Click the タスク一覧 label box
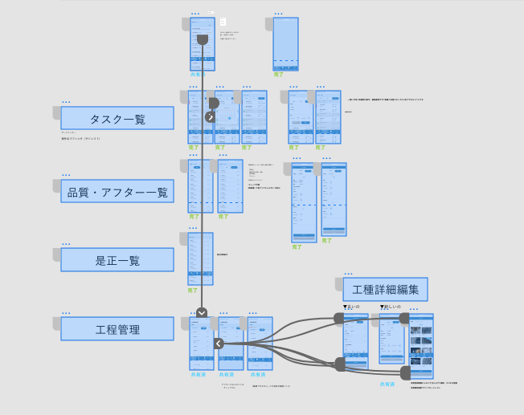(117, 118)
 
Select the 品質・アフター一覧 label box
(117, 191)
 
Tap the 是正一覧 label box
(117, 260)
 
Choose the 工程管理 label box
(117, 328)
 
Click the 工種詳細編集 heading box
(385, 289)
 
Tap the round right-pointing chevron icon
(211, 117)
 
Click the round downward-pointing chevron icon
(202, 313)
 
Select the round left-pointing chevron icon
(219, 344)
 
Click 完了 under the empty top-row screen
(279, 75)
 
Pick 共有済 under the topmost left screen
(198, 75)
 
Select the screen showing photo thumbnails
(421, 345)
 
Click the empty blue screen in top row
(285, 44)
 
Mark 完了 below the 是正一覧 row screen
(193, 291)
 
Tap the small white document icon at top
(223, 22)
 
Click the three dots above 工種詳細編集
(346, 273)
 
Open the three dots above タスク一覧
(66, 102)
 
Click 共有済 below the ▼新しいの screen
(387, 384)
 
